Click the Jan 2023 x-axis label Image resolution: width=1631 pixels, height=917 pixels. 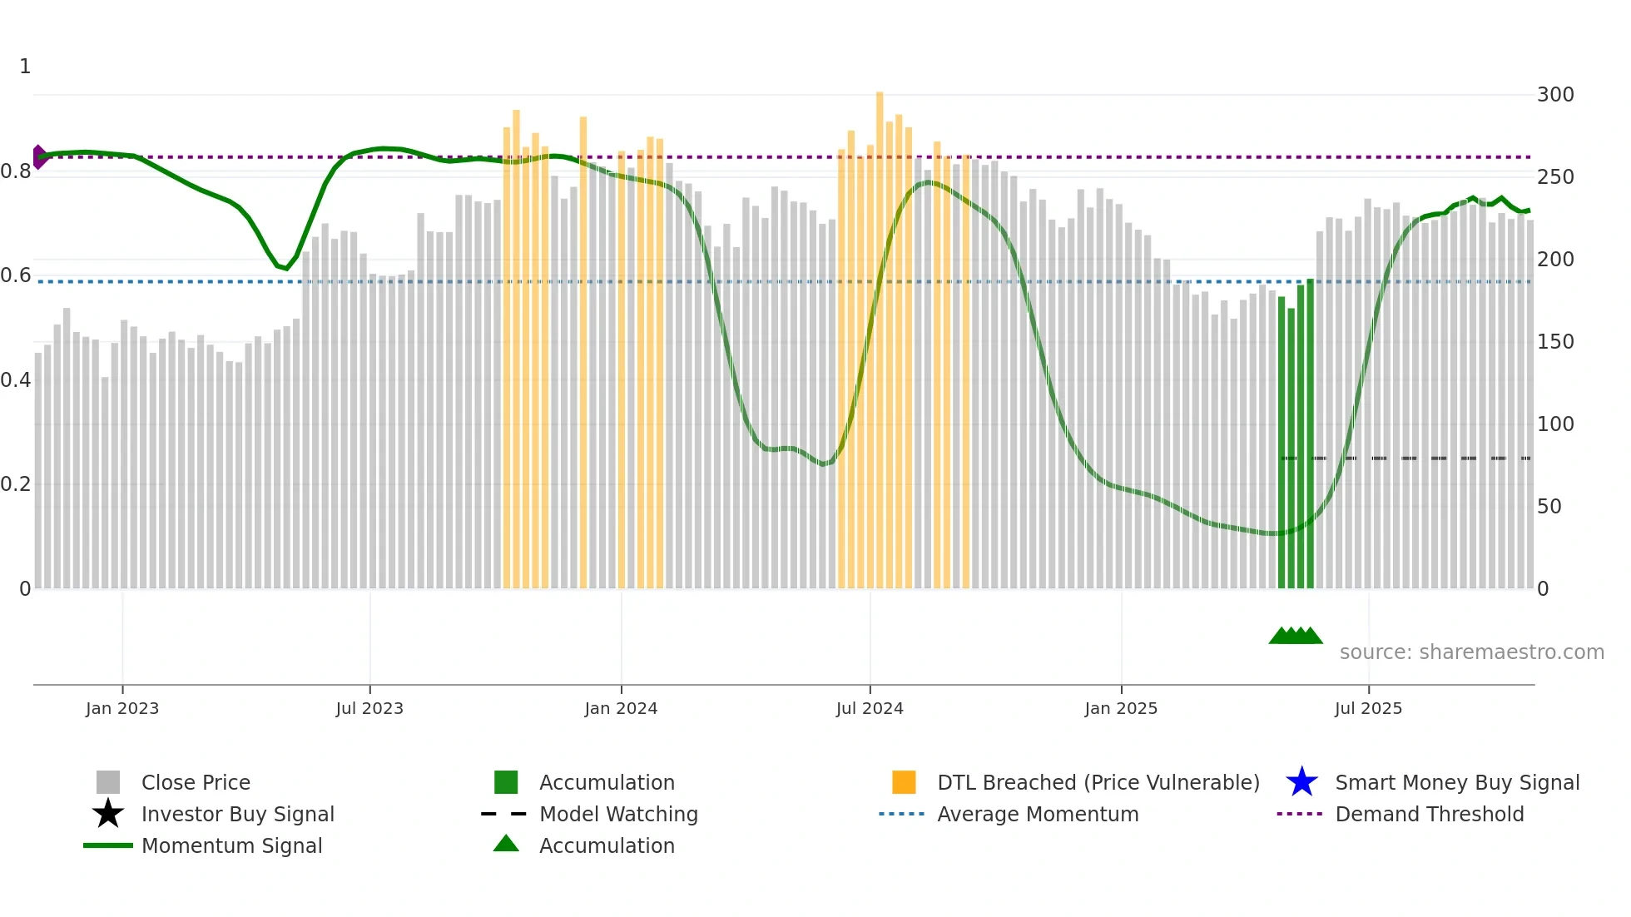tap(122, 708)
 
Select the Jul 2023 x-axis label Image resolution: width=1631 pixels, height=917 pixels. tap(369, 708)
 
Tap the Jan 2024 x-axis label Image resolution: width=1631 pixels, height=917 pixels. tap(621, 708)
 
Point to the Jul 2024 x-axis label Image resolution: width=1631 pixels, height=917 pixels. tap(870, 708)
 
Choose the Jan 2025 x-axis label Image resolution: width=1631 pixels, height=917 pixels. tap(1121, 708)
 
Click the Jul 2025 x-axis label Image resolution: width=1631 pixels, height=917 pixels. tap(1368, 708)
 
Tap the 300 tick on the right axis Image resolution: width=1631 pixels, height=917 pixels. tap(1555, 95)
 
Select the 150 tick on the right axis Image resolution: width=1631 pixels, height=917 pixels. tap(1555, 342)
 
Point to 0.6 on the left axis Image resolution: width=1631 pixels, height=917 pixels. tap(17, 275)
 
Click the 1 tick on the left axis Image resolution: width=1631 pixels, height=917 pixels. tap(25, 67)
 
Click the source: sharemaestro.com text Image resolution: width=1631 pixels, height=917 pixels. tap(1471, 652)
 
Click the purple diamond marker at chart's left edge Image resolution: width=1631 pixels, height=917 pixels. tap(38, 156)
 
